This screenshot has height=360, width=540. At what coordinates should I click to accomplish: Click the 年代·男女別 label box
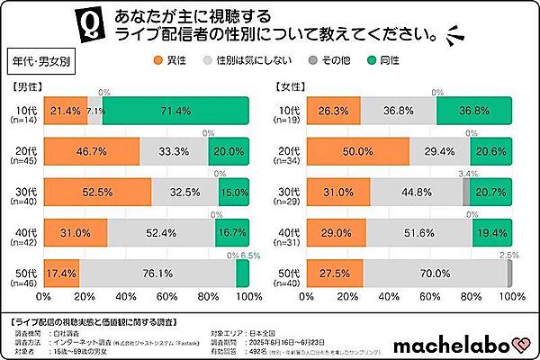[x=40, y=66]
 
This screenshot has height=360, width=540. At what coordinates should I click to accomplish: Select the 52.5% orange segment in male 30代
[x=97, y=192]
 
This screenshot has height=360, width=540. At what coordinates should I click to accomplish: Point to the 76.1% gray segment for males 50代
[x=157, y=272]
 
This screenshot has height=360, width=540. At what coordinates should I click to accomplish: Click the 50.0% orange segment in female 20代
[x=358, y=149]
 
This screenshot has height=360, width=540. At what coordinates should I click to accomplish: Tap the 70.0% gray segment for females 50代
[x=436, y=272]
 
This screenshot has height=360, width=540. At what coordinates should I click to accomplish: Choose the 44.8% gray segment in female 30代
[x=416, y=192]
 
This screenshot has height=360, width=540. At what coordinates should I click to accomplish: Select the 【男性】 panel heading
[x=27, y=88]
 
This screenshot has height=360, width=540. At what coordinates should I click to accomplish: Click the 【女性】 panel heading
[x=292, y=88]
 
